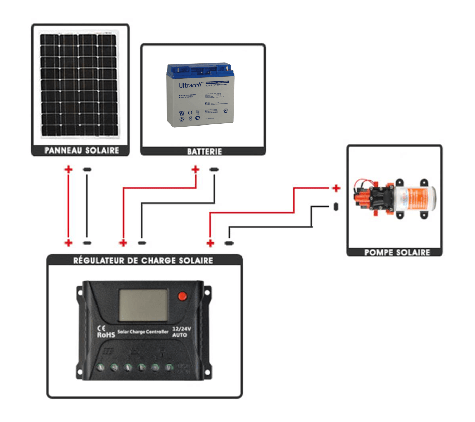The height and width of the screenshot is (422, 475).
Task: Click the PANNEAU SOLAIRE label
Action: (81, 150)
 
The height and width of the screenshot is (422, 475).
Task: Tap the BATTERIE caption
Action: (204, 151)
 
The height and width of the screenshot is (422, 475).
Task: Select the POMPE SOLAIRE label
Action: (397, 252)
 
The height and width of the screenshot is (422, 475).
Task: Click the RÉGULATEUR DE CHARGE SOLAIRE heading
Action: (143, 261)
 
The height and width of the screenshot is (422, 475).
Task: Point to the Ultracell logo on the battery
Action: (190, 85)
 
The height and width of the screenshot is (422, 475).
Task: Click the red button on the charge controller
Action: (182, 296)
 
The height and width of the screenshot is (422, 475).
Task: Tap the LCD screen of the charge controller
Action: (143, 305)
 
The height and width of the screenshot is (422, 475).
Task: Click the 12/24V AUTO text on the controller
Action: (181, 332)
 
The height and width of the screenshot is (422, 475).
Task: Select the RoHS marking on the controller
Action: (106, 335)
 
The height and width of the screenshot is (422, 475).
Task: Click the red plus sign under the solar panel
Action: (68, 169)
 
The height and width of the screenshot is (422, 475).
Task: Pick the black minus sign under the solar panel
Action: (87, 169)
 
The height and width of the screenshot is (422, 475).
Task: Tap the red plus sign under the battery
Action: (195, 169)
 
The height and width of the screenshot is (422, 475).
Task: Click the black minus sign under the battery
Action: (214, 169)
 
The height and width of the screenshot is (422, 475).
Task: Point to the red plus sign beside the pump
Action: (336, 188)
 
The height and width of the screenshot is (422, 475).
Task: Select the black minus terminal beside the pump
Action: (336, 207)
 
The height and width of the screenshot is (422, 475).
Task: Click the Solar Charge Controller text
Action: (143, 332)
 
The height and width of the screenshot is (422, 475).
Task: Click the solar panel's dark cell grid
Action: (79, 84)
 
